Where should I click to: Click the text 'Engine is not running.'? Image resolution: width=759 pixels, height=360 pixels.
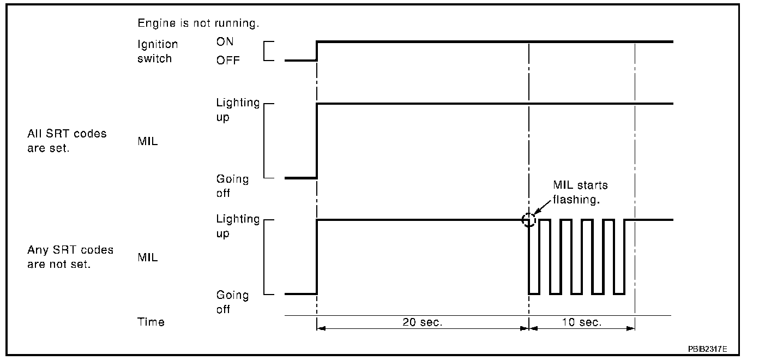click(198, 24)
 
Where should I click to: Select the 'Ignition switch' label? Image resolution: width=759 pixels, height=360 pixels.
click(157, 51)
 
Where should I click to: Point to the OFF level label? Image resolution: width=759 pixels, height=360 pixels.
click(228, 61)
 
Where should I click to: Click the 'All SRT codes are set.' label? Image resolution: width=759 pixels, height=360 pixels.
click(67, 141)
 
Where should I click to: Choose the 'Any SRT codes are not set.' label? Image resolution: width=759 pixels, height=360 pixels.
click(70, 257)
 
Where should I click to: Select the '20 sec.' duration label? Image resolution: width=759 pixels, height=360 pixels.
click(423, 322)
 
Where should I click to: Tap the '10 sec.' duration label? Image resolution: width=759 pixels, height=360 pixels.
click(582, 322)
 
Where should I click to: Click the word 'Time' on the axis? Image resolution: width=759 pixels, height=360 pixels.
click(150, 322)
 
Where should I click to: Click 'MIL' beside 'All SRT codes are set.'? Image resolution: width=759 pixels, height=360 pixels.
click(147, 142)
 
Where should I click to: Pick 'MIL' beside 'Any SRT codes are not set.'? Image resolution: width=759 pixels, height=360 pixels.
click(147, 257)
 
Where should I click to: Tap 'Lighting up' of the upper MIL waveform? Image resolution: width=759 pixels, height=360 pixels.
click(238, 110)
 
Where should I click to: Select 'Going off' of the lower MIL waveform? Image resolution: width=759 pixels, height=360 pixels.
click(232, 302)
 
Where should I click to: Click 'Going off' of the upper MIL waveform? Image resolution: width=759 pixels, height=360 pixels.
click(232, 186)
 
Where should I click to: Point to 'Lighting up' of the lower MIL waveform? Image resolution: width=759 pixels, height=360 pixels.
click(238, 226)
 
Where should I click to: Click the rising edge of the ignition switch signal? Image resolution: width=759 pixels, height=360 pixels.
click(317, 51)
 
